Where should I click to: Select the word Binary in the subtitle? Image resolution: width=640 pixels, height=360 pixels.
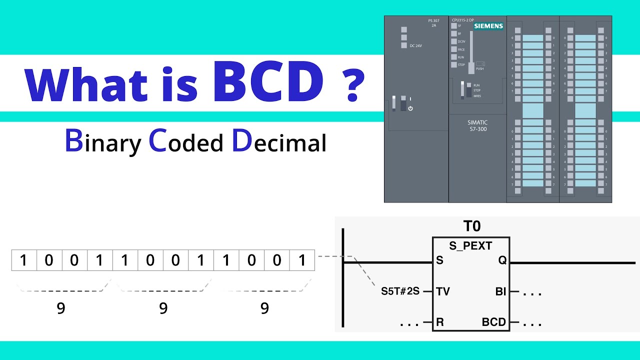pyautogui.click(x=103, y=142)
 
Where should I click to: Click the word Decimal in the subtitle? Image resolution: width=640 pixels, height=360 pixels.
pyautogui.click(x=278, y=142)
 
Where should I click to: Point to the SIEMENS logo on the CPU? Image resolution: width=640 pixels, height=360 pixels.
pyautogui.click(x=488, y=26)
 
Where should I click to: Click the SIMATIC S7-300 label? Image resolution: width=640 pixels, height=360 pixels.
pyautogui.click(x=477, y=125)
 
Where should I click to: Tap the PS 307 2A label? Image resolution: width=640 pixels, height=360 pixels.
pyautogui.click(x=433, y=22)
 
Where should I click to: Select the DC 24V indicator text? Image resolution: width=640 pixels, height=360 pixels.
pyautogui.click(x=416, y=46)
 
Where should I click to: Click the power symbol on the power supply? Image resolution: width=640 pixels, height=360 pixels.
pyautogui.click(x=410, y=108)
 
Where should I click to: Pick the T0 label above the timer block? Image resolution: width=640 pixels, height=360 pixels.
pyautogui.click(x=471, y=226)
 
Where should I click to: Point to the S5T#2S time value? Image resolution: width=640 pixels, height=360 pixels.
pyautogui.click(x=400, y=291)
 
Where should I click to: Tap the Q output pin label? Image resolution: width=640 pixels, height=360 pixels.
pyautogui.click(x=501, y=260)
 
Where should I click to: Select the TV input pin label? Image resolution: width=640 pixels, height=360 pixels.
pyautogui.click(x=442, y=291)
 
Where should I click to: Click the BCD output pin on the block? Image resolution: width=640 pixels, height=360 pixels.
pyautogui.click(x=494, y=322)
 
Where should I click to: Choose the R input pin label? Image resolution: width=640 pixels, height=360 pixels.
pyautogui.click(x=439, y=322)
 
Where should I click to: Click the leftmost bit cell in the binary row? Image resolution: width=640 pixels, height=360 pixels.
pyautogui.click(x=23, y=260)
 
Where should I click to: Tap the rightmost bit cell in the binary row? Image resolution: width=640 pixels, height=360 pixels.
pyautogui.click(x=302, y=260)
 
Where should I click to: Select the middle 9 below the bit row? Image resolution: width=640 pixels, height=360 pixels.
pyautogui.click(x=163, y=308)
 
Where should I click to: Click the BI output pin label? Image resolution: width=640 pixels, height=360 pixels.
pyautogui.click(x=500, y=291)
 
